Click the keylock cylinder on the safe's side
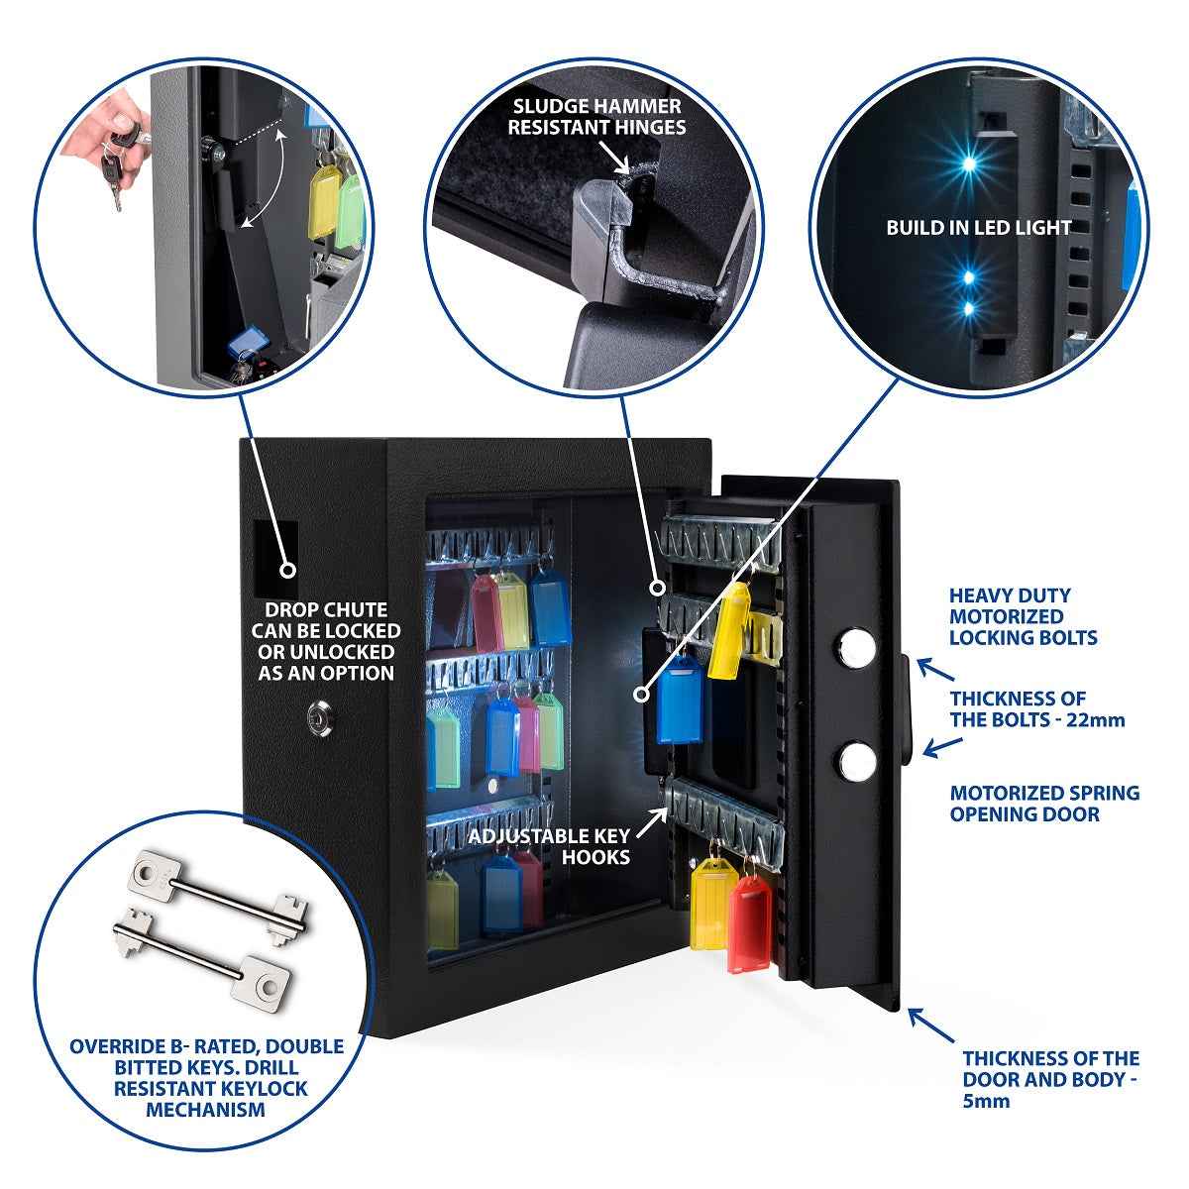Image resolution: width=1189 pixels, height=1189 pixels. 320,718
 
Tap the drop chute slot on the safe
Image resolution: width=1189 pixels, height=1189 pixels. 275,558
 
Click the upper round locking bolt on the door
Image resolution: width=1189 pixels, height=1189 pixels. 856,647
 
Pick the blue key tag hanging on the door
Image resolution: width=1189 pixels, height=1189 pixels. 680,701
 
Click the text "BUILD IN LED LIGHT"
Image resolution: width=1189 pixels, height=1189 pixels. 978,228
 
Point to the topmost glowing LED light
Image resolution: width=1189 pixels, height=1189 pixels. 969,164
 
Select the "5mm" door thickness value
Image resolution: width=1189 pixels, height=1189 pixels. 986,1100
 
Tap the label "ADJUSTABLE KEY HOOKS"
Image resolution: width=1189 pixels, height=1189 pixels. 550,846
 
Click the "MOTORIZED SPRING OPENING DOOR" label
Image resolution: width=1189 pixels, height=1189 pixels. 1044,804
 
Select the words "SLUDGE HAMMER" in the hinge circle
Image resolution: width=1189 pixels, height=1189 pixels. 596,106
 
